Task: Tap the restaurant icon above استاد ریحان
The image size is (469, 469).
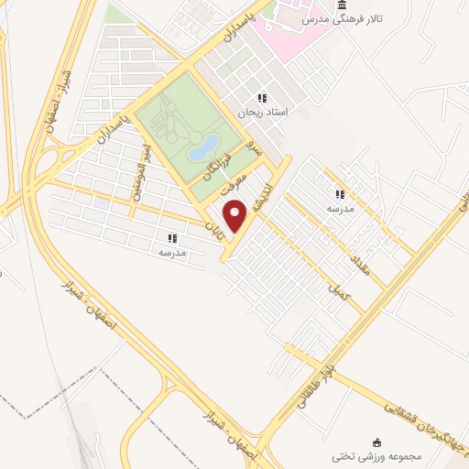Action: (x=262, y=98)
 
